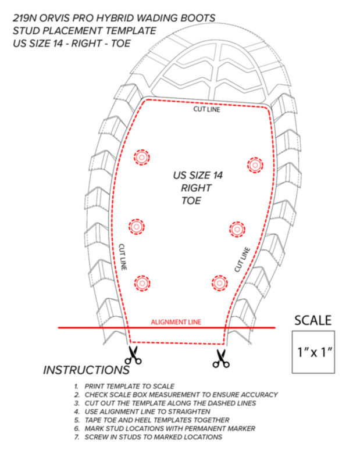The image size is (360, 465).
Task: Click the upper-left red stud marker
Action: point(141,157)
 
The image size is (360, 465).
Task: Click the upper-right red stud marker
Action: point(255,165)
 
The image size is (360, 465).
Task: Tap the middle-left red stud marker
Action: point(137,227)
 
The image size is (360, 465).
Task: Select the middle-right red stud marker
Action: point(237,229)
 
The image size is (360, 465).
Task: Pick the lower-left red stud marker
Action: point(142,283)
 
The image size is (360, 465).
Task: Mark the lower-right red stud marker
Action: point(220,283)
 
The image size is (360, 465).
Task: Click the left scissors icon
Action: point(133,355)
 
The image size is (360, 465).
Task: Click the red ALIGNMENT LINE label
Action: point(176,322)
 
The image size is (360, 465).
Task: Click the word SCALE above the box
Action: point(313,321)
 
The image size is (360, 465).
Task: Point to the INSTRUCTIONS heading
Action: point(86,370)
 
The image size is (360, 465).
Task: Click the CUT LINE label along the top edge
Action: point(207,109)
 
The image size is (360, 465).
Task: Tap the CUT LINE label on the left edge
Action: point(123,257)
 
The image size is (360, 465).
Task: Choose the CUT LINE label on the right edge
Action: point(242,259)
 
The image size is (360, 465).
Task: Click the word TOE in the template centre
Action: point(191,201)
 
